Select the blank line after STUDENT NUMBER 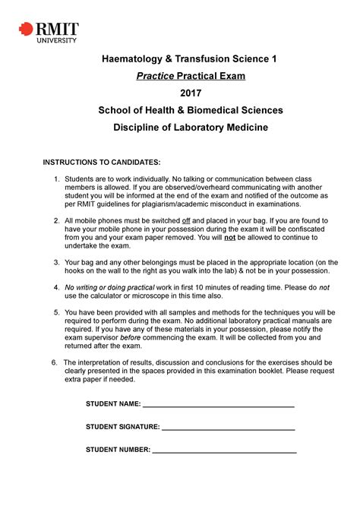224,451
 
